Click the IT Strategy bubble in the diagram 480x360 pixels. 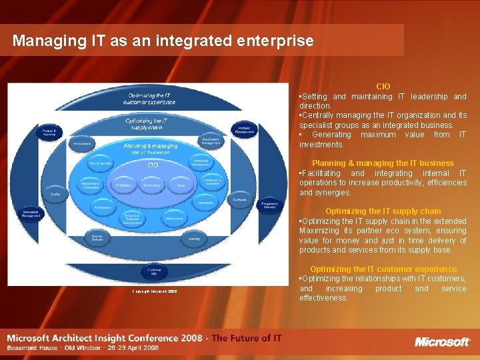coord(123,185)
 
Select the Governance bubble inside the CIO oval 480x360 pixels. coord(152,185)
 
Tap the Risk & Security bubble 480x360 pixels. coord(101,163)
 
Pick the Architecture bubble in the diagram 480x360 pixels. coord(103,207)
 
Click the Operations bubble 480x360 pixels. coord(205,202)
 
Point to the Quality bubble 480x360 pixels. coord(55,194)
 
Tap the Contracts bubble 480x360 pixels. coord(240,199)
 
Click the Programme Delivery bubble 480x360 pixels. coord(269,206)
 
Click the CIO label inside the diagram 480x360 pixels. coord(153,164)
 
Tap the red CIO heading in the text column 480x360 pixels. coord(383,87)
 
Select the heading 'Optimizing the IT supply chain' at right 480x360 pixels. coord(383,211)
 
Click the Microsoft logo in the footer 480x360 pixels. coord(443,342)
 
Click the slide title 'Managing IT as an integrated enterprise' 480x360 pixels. coord(163,41)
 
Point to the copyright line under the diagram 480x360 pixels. coord(154,291)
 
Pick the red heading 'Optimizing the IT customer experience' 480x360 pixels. coord(383,269)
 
